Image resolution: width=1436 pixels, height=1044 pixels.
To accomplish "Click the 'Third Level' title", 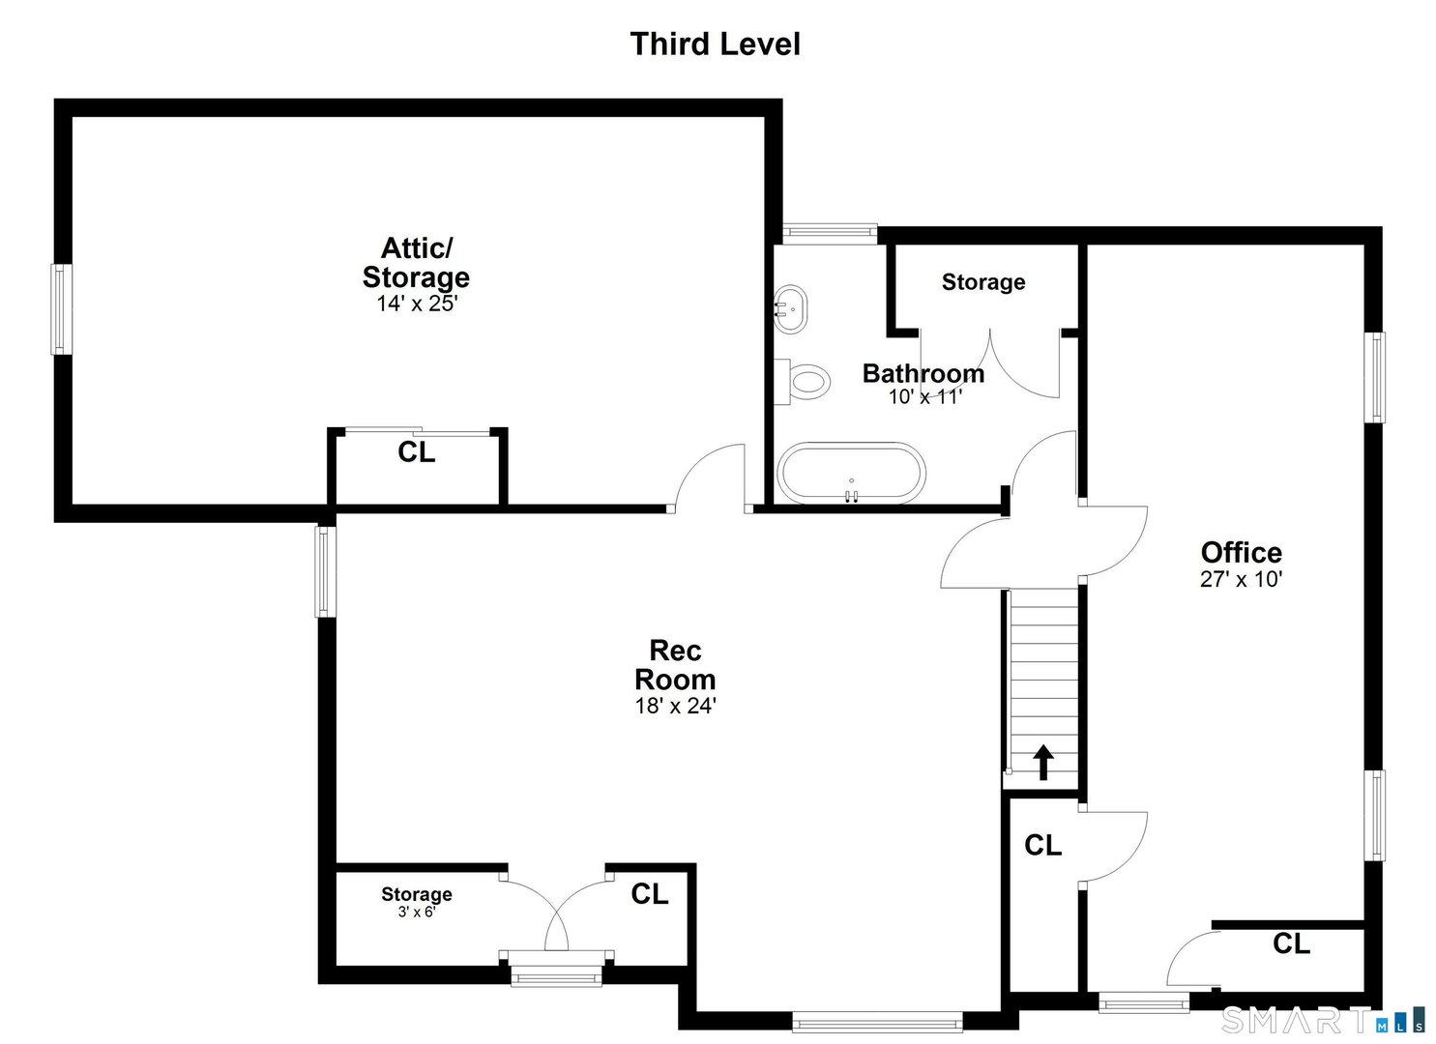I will [715, 44].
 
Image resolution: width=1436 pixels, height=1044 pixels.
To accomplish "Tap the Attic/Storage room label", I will [416, 262].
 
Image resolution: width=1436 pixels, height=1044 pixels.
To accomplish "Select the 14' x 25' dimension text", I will [416, 304].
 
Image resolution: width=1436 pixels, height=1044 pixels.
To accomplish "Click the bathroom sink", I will [791, 308].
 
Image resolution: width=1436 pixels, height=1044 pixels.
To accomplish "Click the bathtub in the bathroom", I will [852, 474].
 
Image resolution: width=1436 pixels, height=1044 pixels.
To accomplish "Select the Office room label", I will [1241, 552].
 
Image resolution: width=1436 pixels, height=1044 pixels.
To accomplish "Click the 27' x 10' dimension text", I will [1241, 579].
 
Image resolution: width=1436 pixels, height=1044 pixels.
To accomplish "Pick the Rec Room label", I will [675, 664].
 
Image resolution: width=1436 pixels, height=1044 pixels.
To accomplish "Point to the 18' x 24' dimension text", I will [675, 707].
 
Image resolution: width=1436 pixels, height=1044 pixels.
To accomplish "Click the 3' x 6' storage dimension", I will [416, 912].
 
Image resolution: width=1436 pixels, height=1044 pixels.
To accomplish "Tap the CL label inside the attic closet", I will [417, 452].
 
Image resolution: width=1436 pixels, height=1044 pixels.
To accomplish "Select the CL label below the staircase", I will [1042, 845].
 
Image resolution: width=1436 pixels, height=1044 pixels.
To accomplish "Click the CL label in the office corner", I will [1291, 943].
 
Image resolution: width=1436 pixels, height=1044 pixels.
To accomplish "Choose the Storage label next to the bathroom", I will [982, 282].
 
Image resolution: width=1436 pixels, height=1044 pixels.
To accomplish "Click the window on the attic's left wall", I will [61, 309].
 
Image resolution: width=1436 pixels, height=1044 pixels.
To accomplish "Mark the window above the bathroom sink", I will [829, 231].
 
